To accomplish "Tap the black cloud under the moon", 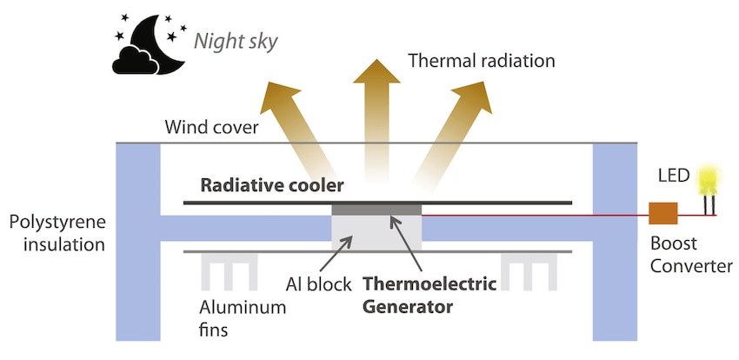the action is [x=135, y=60].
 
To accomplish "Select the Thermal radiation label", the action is [x=481, y=61].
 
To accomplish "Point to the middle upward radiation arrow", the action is [x=376, y=123].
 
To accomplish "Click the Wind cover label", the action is [x=211, y=127].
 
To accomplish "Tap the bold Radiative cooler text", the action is [x=272, y=186].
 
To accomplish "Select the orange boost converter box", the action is [x=663, y=213].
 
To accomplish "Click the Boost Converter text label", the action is [x=691, y=255].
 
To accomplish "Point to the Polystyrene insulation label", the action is [x=57, y=233].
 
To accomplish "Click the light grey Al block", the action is [x=376, y=233].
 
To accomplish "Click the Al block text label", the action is [x=318, y=284].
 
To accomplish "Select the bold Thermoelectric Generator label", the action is [x=429, y=296].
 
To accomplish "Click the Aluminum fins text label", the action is [x=243, y=318].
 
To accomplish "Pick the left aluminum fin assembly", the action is [x=230, y=271].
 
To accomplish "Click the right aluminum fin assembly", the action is [x=529, y=271].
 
